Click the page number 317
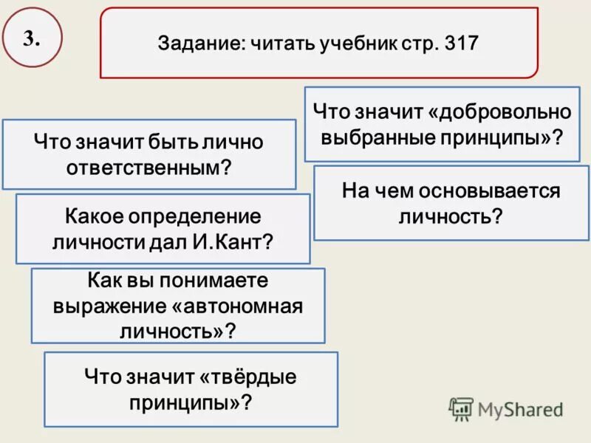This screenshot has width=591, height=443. click(462, 43)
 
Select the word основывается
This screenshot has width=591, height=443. click(491, 191)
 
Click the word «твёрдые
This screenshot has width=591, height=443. click(247, 378)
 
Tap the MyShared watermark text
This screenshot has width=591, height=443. click(520, 408)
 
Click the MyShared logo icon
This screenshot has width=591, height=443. click(461, 408)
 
